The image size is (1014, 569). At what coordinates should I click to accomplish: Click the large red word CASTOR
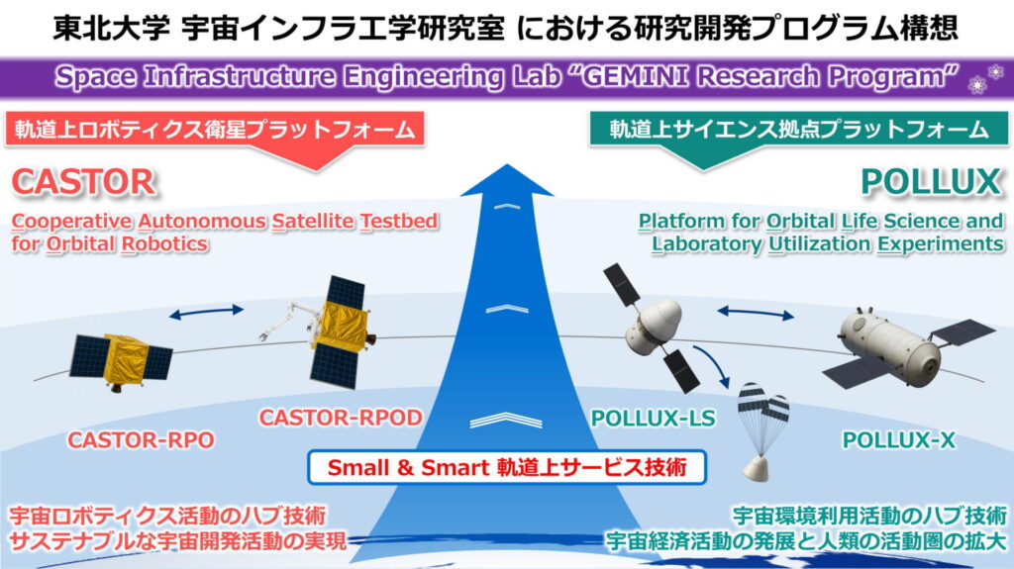pyautogui.click(x=84, y=182)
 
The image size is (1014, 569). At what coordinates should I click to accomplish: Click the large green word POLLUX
pyautogui.click(x=931, y=182)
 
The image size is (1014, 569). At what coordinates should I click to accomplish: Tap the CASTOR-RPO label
pyautogui.click(x=141, y=440)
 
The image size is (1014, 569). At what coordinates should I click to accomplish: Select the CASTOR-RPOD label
pyautogui.click(x=341, y=418)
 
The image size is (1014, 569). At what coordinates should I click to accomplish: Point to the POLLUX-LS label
pyautogui.click(x=654, y=419)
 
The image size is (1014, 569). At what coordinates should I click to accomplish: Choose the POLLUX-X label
pyautogui.click(x=898, y=440)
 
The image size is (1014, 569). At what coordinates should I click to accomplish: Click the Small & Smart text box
pyautogui.click(x=507, y=467)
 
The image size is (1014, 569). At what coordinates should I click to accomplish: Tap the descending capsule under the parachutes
pyautogui.click(x=756, y=468)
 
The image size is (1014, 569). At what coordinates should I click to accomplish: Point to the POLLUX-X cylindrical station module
pyautogui.click(x=890, y=342)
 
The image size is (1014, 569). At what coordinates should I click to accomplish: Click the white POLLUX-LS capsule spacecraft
pyautogui.click(x=654, y=328)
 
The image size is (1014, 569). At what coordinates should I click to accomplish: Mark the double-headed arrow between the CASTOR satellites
pyautogui.click(x=206, y=313)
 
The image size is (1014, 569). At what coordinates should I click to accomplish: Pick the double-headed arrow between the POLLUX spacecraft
pyautogui.click(x=756, y=314)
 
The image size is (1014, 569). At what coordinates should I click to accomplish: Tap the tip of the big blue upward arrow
pyautogui.click(x=508, y=164)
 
